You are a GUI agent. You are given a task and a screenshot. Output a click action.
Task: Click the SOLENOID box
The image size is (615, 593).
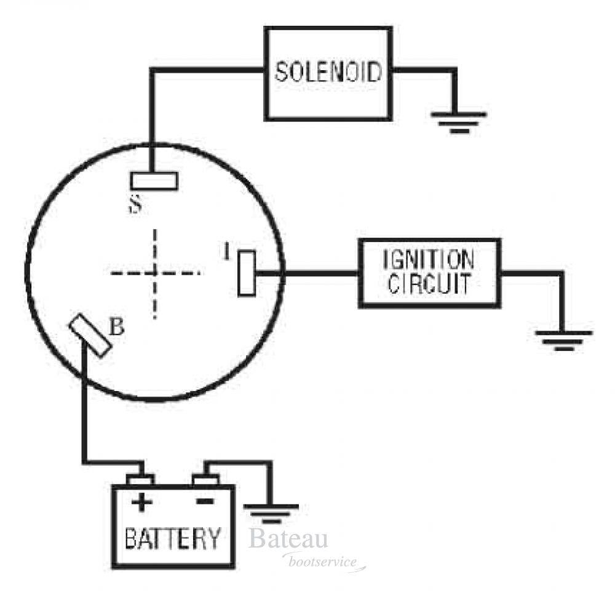click(x=328, y=73)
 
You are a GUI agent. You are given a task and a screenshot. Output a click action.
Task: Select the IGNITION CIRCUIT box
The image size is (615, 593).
click(x=429, y=273)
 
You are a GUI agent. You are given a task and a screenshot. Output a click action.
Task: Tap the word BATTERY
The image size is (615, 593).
click(x=172, y=539)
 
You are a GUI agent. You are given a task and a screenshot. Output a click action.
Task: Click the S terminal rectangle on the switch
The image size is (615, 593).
click(x=154, y=180)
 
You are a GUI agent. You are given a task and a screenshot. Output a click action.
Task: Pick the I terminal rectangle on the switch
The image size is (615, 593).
click(x=247, y=273)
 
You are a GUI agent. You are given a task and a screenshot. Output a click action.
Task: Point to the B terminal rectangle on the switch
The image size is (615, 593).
click(x=90, y=335)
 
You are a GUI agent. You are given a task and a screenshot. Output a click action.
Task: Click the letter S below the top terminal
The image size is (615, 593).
click(x=136, y=204)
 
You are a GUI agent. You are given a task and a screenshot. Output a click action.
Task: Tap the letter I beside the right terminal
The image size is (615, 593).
click(x=227, y=252)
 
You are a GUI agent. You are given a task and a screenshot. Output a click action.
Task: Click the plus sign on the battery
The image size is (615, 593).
click(x=141, y=502)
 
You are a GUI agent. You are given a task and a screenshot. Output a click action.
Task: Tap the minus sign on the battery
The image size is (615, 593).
click(x=205, y=502)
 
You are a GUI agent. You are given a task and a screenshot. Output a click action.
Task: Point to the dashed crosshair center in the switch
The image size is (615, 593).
click(x=156, y=273)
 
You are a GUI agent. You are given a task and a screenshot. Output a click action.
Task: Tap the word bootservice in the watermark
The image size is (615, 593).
click(x=322, y=562)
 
